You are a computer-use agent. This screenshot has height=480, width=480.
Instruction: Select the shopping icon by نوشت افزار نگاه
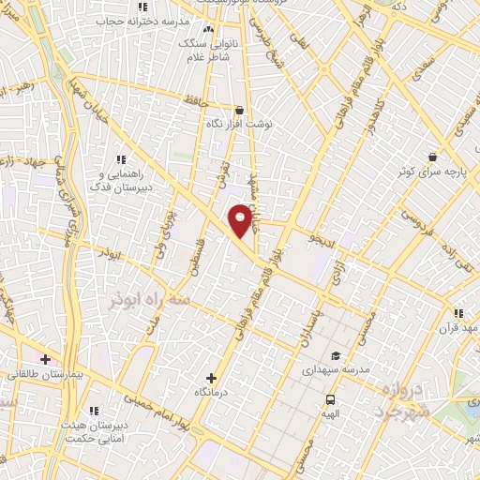click(238, 109)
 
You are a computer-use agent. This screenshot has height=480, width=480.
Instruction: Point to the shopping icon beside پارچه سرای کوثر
click(431, 157)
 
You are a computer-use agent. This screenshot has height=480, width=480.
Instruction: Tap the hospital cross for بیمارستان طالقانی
click(44, 359)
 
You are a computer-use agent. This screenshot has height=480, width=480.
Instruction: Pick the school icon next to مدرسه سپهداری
click(335, 356)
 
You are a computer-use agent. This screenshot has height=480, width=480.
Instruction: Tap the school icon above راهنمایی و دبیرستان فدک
click(120, 159)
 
